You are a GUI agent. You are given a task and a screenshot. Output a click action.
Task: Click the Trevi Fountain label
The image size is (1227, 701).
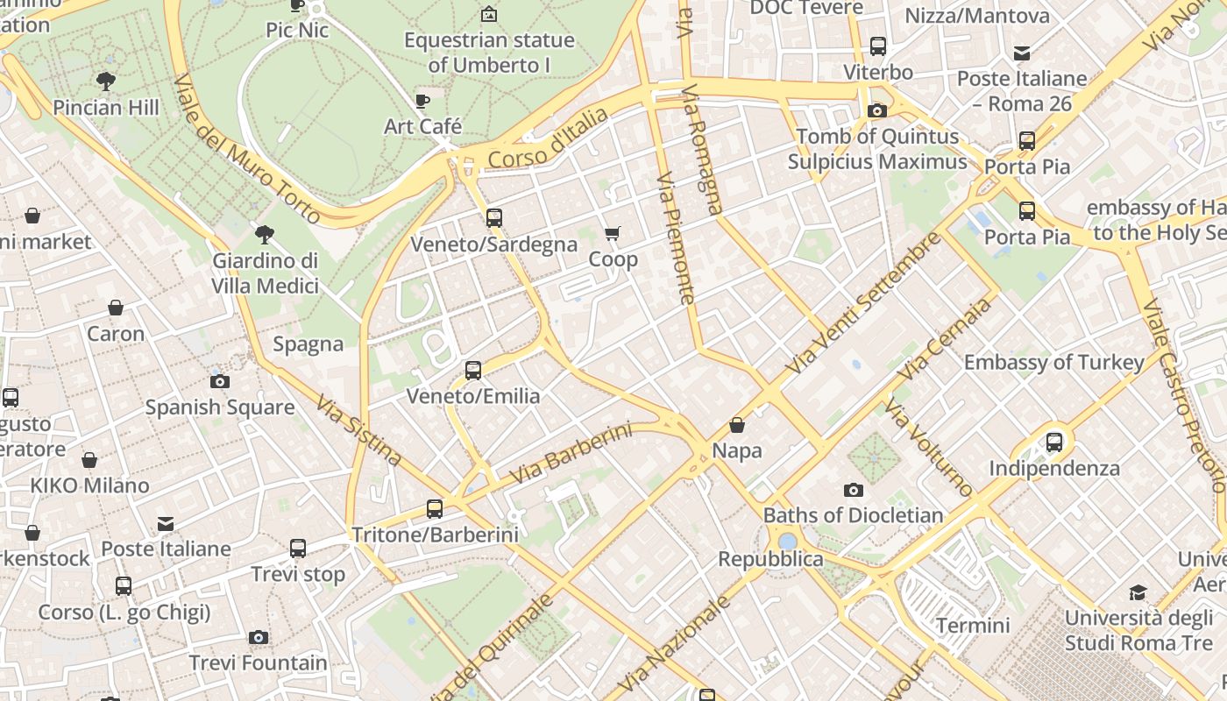point(258,662)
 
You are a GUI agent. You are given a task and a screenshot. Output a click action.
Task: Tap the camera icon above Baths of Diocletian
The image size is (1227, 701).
point(853,490)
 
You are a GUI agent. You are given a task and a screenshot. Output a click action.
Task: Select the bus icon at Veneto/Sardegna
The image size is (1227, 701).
point(494,218)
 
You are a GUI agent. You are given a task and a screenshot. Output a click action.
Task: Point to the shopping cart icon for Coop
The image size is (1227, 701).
point(613,233)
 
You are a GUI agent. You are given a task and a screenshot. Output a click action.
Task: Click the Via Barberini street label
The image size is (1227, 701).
point(571,454)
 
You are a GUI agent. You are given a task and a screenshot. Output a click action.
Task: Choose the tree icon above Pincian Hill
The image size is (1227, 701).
point(106,81)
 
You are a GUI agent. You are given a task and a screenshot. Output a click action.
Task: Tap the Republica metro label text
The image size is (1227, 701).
point(770,559)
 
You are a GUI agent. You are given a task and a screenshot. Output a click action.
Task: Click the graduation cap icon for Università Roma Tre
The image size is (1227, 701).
point(1138,592)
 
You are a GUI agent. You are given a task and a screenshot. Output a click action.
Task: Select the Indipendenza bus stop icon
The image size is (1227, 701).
point(1054,443)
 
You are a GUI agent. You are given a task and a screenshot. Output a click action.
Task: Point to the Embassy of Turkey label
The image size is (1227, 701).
point(1053,362)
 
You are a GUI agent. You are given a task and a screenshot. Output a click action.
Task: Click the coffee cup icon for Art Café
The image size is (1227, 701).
point(422,101)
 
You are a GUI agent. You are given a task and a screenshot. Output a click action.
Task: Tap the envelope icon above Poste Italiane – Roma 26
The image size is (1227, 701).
point(1022,53)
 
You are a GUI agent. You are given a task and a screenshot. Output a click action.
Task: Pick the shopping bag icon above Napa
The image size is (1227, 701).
point(737,425)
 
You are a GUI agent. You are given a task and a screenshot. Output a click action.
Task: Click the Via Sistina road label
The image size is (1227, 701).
point(358,430)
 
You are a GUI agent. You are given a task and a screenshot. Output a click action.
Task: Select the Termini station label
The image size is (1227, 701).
point(973,626)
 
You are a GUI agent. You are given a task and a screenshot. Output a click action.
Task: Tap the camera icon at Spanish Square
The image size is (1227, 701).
point(220,381)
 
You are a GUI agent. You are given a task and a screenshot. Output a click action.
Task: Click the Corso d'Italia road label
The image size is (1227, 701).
point(548,138)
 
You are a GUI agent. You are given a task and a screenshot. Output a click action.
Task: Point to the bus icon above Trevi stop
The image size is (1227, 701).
point(298,549)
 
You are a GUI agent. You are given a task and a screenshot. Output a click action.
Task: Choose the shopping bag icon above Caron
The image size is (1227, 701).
point(116,308)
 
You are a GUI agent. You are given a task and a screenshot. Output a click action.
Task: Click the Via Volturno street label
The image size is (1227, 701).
point(928,447)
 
